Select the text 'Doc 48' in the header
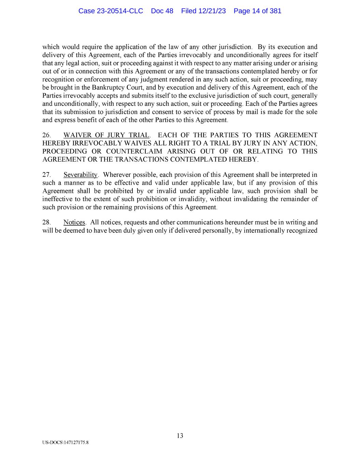(x=162, y=11)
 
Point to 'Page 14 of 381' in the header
(x=257, y=11)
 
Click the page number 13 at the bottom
(x=180, y=436)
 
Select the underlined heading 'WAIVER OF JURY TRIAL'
(x=106, y=135)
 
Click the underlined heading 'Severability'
(x=81, y=175)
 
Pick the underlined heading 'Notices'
(x=74, y=223)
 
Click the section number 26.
(x=46, y=135)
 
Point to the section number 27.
(x=46, y=175)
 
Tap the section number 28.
(x=46, y=223)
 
